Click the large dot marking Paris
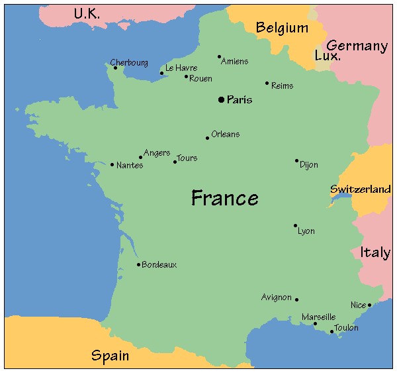(x=221, y=99)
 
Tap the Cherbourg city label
(x=129, y=62)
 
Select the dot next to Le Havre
(x=161, y=73)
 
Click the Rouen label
(x=200, y=79)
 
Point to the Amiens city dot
(x=220, y=56)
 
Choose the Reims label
(x=282, y=85)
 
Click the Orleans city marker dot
(x=207, y=138)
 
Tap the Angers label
(x=157, y=153)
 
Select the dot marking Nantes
(x=112, y=164)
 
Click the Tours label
(x=187, y=158)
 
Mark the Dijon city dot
(x=296, y=160)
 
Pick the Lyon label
(x=306, y=231)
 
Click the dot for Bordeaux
(x=138, y=264)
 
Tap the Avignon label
(x=277, y=297)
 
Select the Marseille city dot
(x=315, y=324)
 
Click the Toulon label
(x=347, y=328)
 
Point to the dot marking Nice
(x=369, y=305)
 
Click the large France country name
(x=225, y=197)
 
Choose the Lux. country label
(x=328, y=56)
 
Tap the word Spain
(x=110, y=356)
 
